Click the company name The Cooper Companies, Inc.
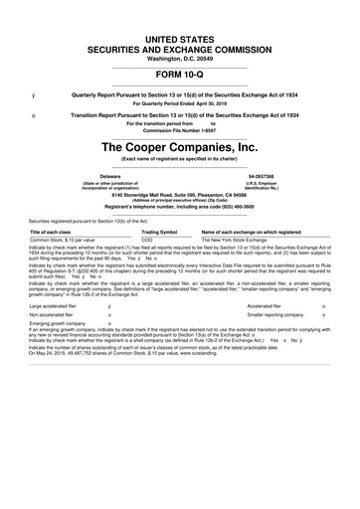(180, 146)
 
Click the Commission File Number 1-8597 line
(180, 129)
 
